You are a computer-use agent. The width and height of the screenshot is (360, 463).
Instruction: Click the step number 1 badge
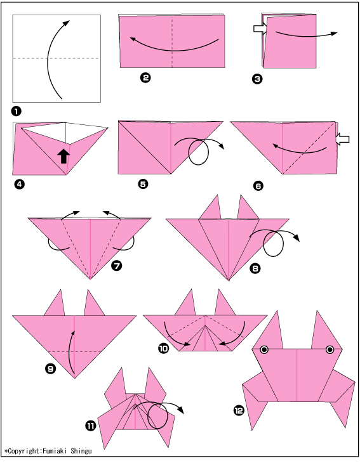tap(17, 112)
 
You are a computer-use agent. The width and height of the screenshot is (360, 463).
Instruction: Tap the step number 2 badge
tap(145, 77)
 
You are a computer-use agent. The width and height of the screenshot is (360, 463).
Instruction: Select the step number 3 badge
tap(257, 79)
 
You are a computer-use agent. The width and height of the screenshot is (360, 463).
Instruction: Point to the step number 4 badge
tap(19, 185)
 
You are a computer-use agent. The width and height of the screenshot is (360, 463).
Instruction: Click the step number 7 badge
tap(116, 266)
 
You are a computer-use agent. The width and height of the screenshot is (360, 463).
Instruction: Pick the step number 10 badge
tap(163, 348)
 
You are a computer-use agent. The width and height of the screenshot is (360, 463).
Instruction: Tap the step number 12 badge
tap(239, 410)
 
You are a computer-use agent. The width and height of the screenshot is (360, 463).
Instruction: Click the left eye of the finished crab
tap(264, 350)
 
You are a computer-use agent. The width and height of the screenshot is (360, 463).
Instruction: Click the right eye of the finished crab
tap(330, 350)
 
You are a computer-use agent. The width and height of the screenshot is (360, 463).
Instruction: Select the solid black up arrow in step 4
tap(63, 156)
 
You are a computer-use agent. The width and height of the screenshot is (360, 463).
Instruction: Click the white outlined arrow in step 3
tap(260, 29)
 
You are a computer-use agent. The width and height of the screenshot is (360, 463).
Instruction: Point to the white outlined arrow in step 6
tap(343, 139)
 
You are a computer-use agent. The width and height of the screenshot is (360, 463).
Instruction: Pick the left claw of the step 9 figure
tap(55, 303)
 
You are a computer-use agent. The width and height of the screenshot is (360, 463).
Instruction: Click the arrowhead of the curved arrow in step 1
tap(67, 23)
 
